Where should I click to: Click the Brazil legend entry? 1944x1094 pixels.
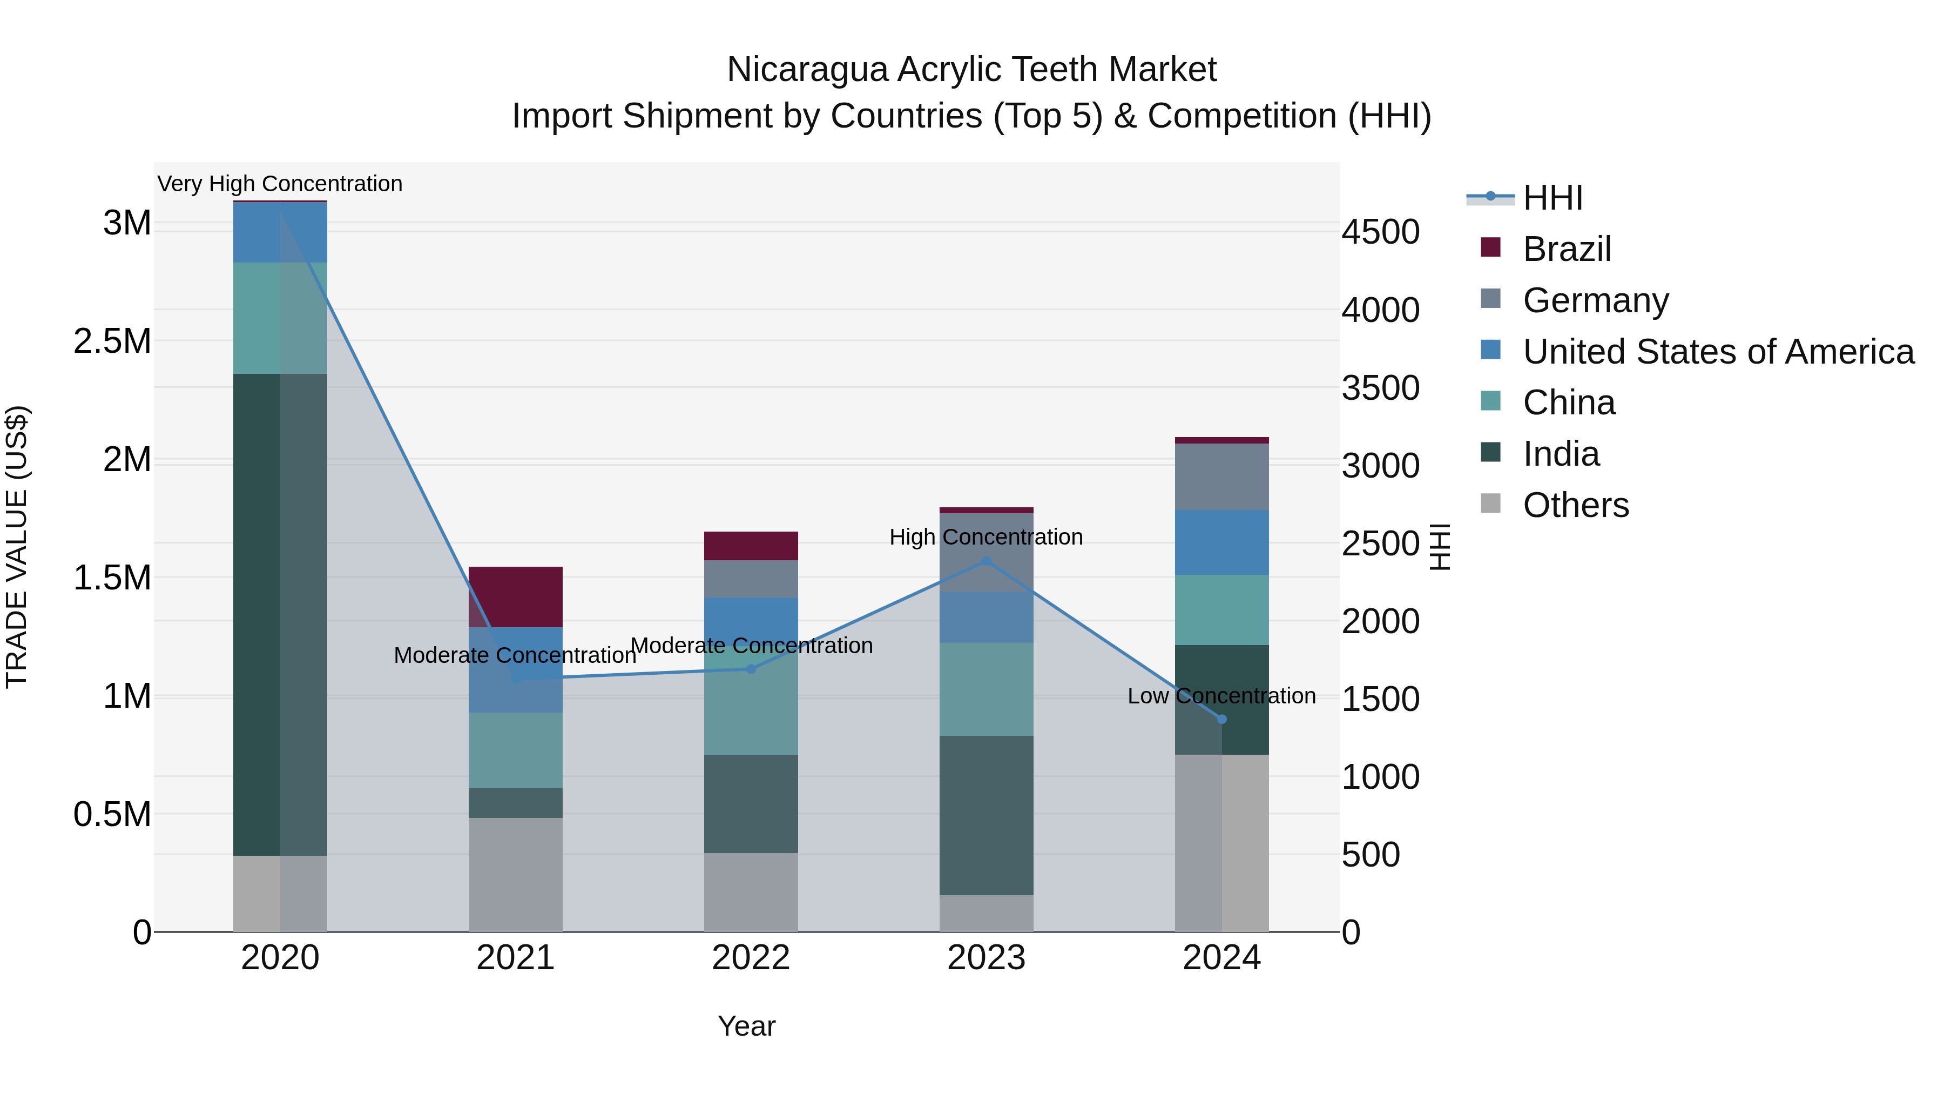(x=1567, y=249)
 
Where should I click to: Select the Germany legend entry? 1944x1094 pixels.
(x=1595, y=300)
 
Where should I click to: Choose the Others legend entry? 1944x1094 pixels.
(x=1576, y=505)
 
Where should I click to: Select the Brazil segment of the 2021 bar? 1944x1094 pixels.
(x=516, y=596)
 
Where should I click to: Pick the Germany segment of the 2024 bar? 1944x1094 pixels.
(x=1222, y=476)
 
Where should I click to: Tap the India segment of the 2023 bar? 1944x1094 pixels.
(x=987, y=815)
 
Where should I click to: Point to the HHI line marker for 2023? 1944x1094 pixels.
(x=987, y=561)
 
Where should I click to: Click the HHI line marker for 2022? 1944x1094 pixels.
(x=751, y=669)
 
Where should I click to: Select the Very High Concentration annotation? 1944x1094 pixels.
(x=280, y=184)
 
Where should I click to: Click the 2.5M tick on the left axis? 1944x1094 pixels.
(x=112, y=341)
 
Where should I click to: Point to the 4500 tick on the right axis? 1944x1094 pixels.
(x=1380, y=232)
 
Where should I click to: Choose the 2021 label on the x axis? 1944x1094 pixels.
(x=516, y=958)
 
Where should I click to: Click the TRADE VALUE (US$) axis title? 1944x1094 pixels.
(x=17, y=547)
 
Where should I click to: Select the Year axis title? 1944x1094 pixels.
(x=746, y=1026)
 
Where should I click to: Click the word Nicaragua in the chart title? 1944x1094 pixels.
(x=807, y=70)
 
